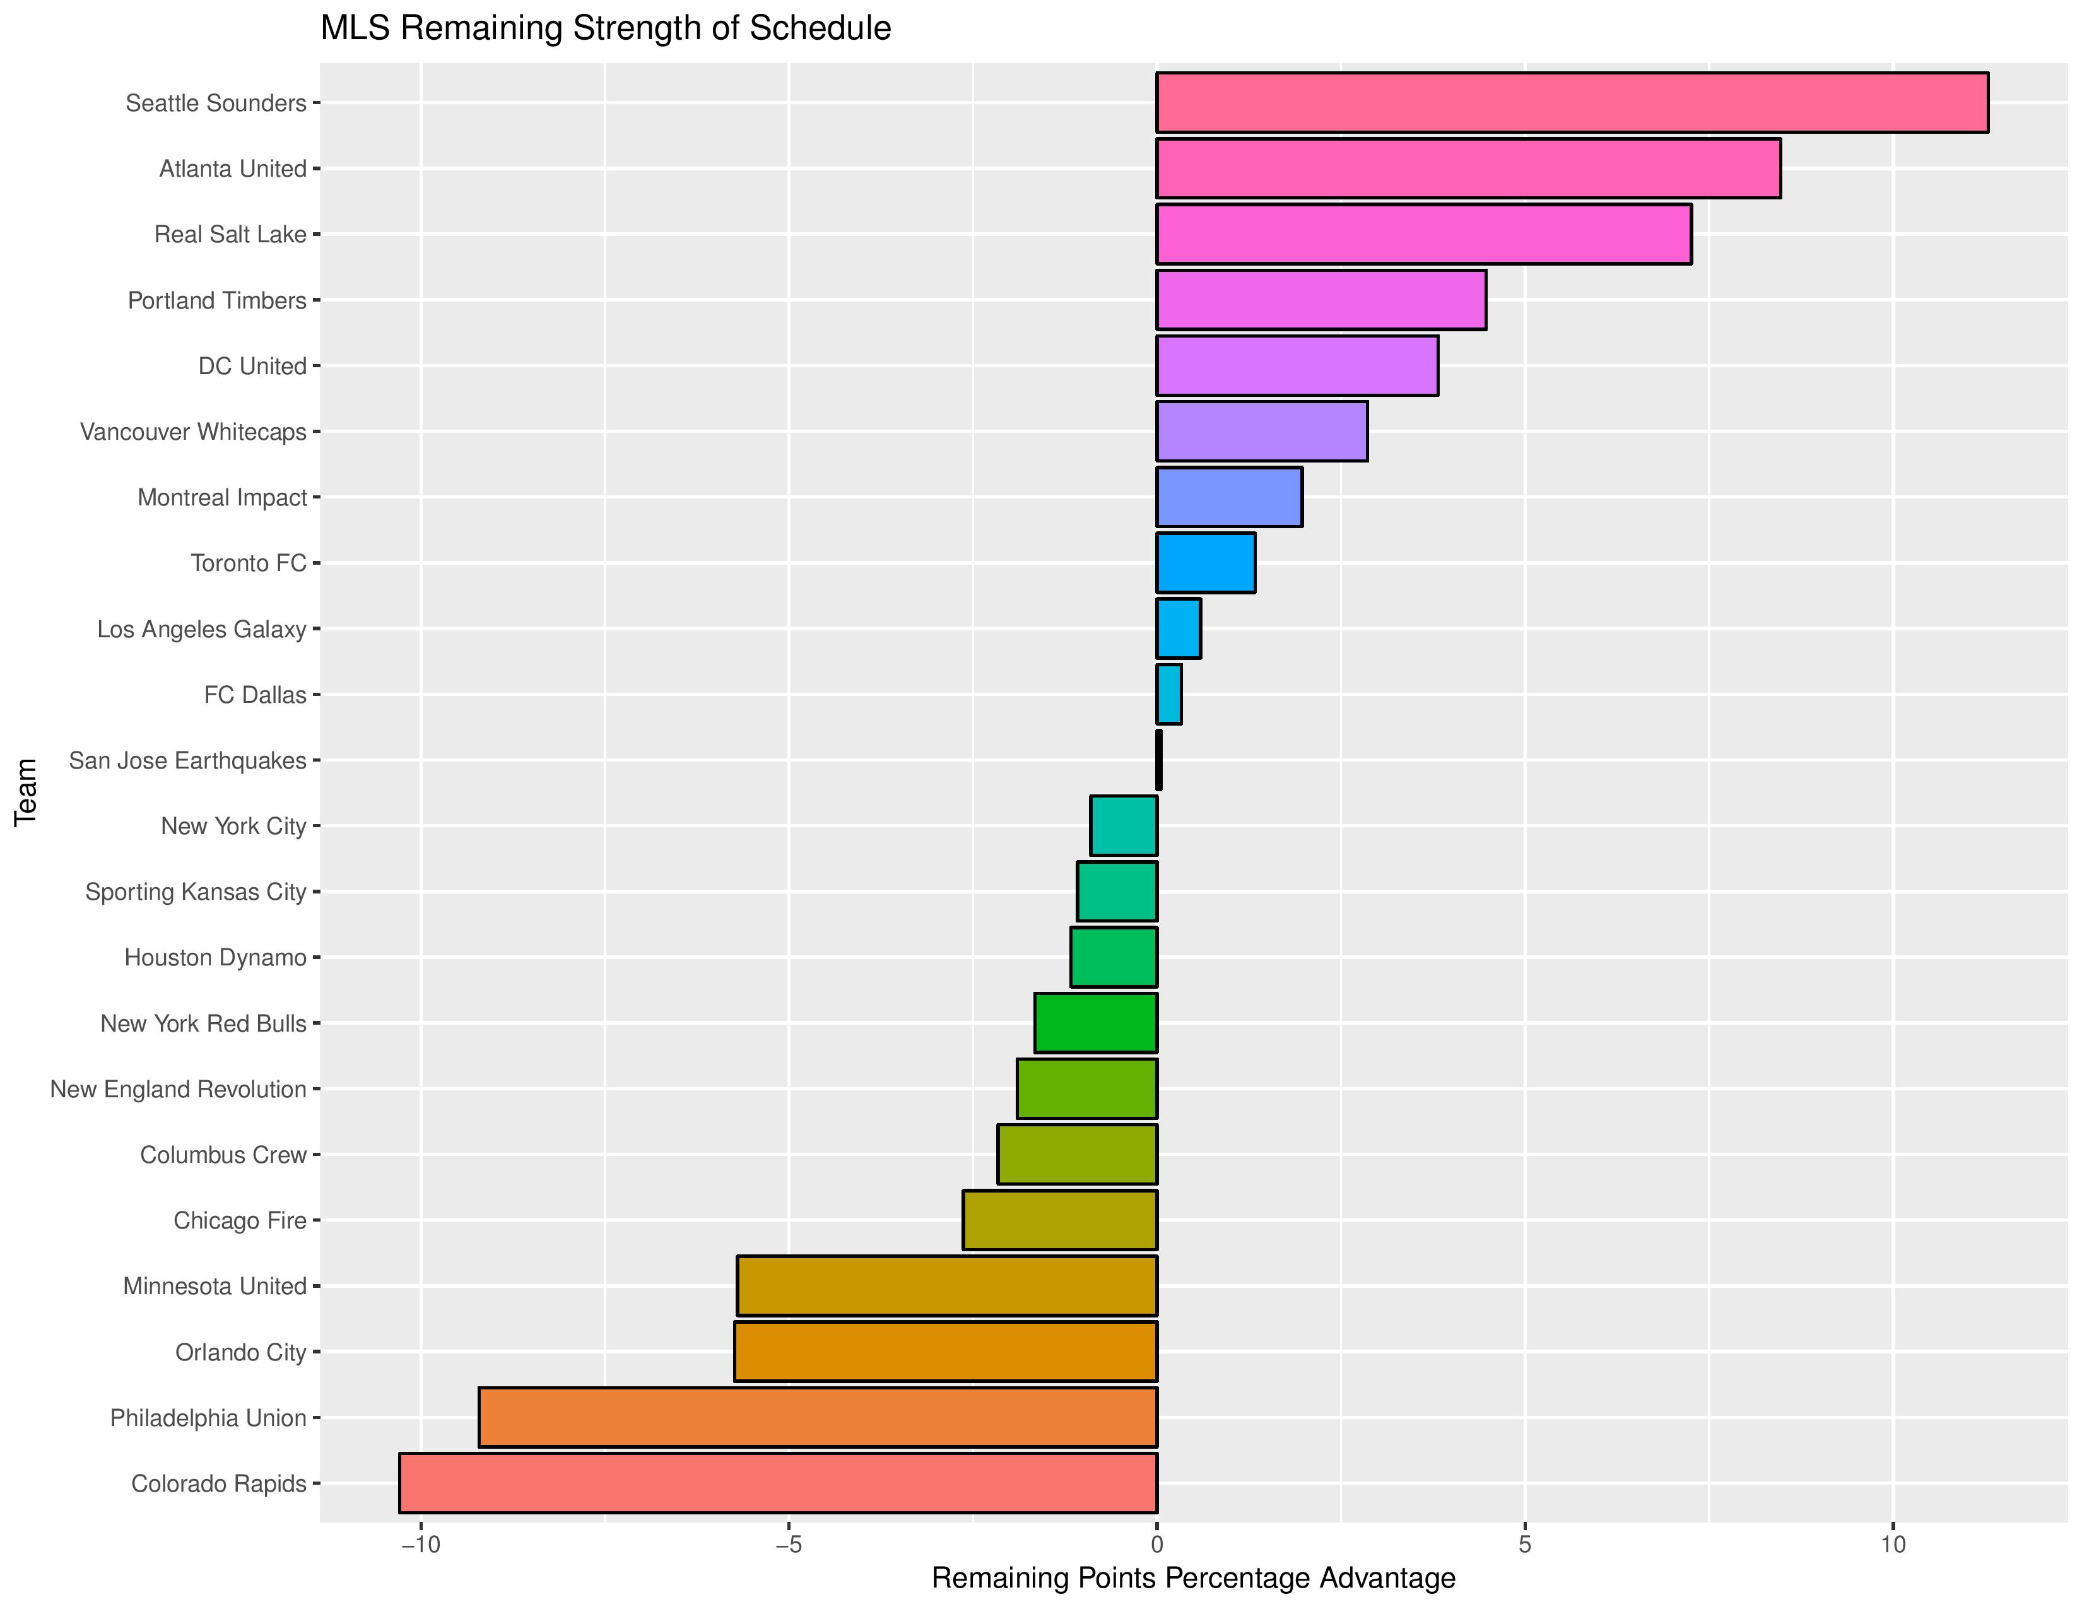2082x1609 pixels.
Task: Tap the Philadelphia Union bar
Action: [817, 1417]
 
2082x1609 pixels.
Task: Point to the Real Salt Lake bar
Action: [1423, 235]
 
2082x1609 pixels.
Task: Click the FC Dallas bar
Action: [1168, 695]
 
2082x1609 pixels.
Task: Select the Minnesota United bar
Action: [946, 1286]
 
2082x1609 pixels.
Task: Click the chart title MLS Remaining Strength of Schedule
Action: [605, 28]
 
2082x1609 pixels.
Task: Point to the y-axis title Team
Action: [26, 792]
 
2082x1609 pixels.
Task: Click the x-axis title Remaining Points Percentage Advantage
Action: [1192, 1579]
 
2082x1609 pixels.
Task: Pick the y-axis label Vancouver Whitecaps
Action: [194, 432]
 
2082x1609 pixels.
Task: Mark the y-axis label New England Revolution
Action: [179, 1088]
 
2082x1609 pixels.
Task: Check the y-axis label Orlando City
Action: [240, 1352]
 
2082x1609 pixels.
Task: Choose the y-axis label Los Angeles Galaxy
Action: [202, 629]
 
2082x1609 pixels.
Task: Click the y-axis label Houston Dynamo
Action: [215, 957]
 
